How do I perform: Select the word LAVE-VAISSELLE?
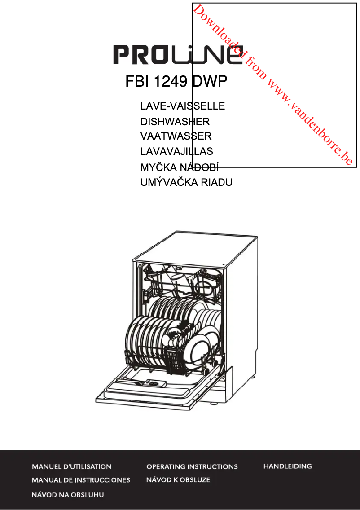click(182, 106)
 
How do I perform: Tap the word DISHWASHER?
click(175, 122)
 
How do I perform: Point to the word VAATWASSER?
click(176, 136)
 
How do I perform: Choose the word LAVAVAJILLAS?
click(176, 151)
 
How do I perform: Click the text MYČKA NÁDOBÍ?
click(180, 167)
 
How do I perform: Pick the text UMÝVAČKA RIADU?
click(186, 182)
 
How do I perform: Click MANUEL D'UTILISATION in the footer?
click(71, 466)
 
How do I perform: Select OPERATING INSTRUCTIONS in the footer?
click(192, 466)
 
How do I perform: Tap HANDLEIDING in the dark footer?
click(287, 466)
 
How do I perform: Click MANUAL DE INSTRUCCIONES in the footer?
click(81, 480)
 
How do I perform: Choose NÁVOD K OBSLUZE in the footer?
click(178, 480)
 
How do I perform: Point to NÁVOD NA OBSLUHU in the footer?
click(67, 495)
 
